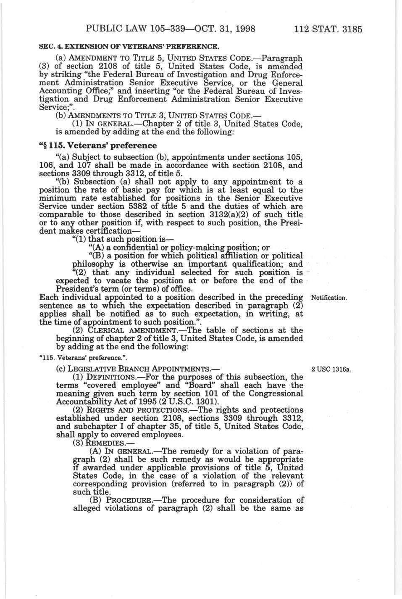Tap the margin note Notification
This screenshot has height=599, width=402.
[x=328, y=298]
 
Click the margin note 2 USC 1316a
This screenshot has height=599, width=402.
[x=331, y=369]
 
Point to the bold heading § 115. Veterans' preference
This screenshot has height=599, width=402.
[x=97, y=145]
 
